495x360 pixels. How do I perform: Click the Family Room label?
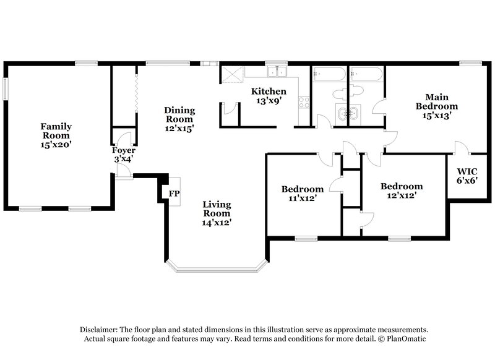[x=55, y=131]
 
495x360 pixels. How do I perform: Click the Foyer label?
[x=123, y=150]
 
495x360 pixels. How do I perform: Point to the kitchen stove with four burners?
[x=304, y=103]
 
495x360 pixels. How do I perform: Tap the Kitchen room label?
[x=268, y=92]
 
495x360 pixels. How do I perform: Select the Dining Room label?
[x=179, y=114]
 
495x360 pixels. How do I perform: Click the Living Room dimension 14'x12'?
[x=217, y=221]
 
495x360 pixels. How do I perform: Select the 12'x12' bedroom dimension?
[x=402, y=195]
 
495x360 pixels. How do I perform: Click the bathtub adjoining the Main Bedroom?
[x=366, y=75]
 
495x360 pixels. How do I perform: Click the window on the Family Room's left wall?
[x=6, y=90]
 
